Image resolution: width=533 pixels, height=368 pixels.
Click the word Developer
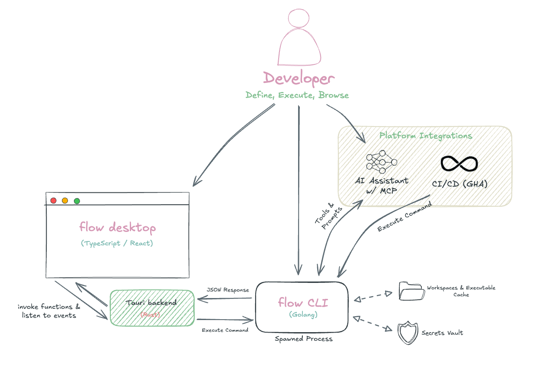299,79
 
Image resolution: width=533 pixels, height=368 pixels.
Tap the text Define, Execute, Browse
297,95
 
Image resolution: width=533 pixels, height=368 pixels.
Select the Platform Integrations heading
425,136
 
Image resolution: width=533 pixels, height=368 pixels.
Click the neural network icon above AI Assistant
381,162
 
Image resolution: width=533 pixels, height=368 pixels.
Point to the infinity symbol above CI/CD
459,164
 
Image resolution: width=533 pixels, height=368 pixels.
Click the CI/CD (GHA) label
459,184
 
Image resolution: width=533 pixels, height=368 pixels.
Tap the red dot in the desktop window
54,200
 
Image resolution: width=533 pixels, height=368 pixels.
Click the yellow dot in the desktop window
65,200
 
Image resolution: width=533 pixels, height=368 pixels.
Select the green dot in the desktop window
77,200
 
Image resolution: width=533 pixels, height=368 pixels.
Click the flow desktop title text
117,227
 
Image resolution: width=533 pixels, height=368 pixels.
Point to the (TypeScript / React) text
117,243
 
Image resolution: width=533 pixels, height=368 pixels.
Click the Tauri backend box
152,308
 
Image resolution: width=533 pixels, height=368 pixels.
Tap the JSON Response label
228,290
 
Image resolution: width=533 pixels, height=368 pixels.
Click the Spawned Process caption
304,339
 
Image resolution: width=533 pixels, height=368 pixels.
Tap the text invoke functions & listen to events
49,311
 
